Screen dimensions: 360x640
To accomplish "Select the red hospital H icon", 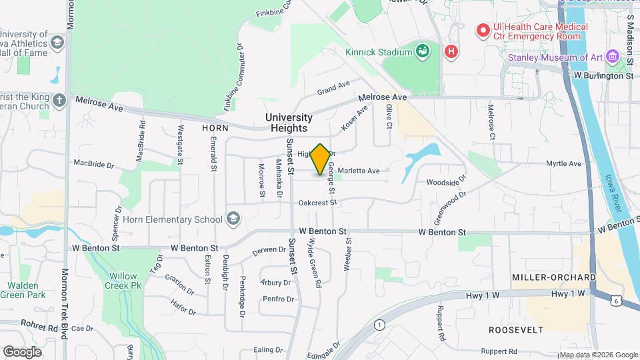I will click(x=452, y=51).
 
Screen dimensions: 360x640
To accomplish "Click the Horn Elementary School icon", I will click(x=233, y=219).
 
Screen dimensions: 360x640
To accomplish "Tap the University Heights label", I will click(x=289, y=123).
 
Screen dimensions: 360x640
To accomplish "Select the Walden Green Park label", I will click(x=22, y=289).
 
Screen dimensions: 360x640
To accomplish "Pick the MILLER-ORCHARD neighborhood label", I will click(x=553, y=277).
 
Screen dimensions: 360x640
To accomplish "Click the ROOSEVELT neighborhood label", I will click(x=515, y=330).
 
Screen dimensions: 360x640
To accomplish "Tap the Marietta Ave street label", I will click(x=359, y=171).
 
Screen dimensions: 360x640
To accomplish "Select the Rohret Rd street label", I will click(x=39, y=327).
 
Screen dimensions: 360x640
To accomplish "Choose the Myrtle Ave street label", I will click(x=564, y=163).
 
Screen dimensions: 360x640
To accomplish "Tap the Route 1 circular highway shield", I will click(x=380, y=325).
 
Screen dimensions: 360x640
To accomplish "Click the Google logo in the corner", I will click(x=22, y=351).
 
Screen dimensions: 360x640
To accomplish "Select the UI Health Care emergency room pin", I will click(x=482, y=31).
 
